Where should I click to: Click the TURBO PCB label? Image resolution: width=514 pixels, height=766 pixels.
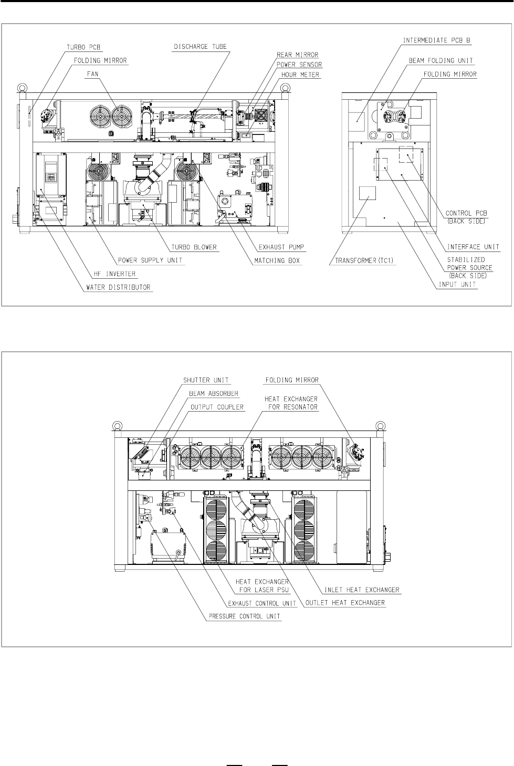[83, 47]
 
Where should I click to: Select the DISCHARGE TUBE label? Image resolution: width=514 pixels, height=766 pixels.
[200, 47]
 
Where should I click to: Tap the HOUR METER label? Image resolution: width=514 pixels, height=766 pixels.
[300, 75]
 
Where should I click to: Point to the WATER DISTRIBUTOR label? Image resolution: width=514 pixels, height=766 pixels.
[118, 287]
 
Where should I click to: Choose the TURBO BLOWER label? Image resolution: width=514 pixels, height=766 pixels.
[194, 247]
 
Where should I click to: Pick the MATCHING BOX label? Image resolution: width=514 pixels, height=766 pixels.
[277, 260]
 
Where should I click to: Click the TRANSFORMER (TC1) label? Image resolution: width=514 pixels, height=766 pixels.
[364, 260]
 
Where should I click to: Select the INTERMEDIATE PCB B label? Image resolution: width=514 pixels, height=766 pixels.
[436, 40]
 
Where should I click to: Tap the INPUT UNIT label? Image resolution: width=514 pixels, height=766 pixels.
[457, 284]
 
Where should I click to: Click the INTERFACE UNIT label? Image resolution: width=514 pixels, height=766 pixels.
[473, 247]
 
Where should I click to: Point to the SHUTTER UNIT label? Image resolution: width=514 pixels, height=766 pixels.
[206, 380]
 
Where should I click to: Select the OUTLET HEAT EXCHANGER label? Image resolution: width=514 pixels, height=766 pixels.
[345, 603]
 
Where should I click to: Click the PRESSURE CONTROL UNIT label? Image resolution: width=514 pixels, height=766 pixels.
[244, 616]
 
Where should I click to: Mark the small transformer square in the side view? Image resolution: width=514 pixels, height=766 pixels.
[368, 193]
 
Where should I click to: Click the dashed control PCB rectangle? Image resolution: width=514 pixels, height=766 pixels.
[406, 154]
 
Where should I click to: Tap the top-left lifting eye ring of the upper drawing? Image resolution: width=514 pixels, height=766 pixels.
[23, 87]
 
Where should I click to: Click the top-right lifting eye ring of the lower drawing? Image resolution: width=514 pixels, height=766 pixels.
[380, 426]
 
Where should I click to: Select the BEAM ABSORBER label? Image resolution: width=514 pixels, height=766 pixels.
[214, 394]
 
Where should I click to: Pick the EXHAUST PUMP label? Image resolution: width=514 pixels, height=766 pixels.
[281, 247]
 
